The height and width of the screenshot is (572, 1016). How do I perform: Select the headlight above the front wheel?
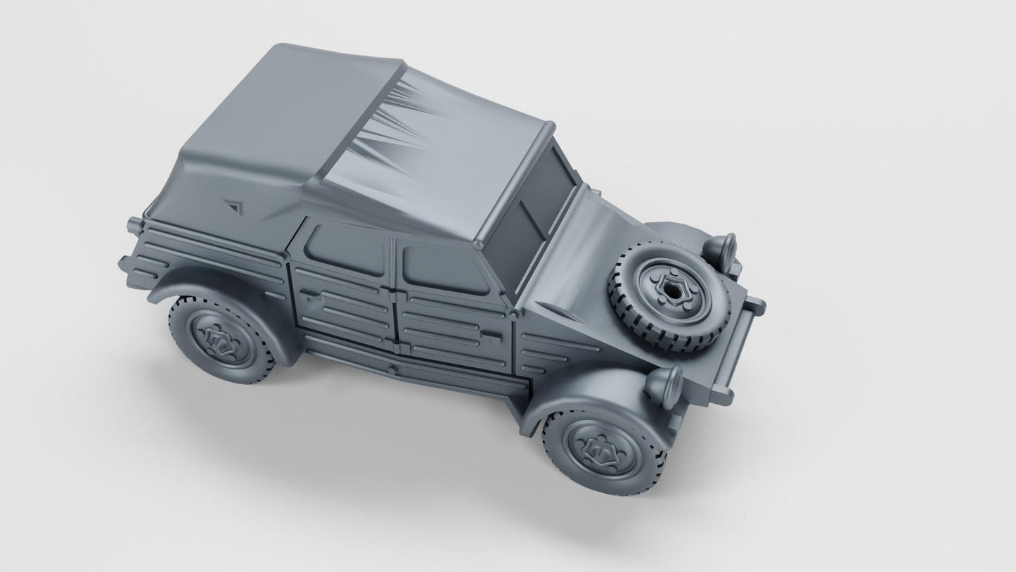pyautogui.click(x=664, y=385)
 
